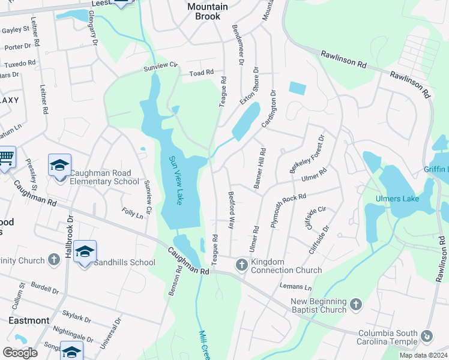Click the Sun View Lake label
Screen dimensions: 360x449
(x=175, y=180)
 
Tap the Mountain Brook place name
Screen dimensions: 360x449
(x=208, y=11)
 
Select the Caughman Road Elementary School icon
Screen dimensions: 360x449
(x=59, y=165)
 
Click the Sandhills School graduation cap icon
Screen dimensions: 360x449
(x=85, y=251)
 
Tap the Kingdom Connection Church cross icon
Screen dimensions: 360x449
(x=241, y=264)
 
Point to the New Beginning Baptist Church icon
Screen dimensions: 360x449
(x=355, y=304)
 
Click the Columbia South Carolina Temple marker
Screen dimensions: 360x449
(x=427, y=336)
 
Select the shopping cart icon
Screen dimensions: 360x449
(x=6, y=158)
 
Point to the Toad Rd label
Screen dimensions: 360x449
(x=201, y=73)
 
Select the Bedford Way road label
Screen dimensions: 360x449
(x=231, y=210)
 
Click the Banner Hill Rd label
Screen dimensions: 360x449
(x=260, y=169)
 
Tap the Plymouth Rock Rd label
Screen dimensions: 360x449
(x=288, y=209)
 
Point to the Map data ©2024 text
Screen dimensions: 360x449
(x=423, y=355)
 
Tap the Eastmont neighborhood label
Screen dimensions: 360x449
(x=29, y=320)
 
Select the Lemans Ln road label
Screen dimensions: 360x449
(x=300, y=287)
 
